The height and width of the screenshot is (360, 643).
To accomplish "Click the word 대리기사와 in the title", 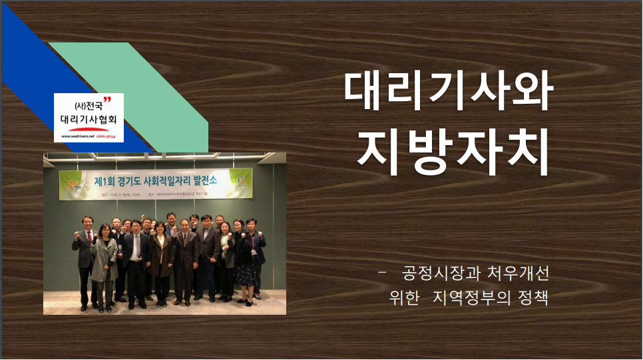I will [448, 91].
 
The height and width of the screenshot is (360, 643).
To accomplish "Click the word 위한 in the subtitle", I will [405, 297].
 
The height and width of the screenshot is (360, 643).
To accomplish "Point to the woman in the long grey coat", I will [105, 263].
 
